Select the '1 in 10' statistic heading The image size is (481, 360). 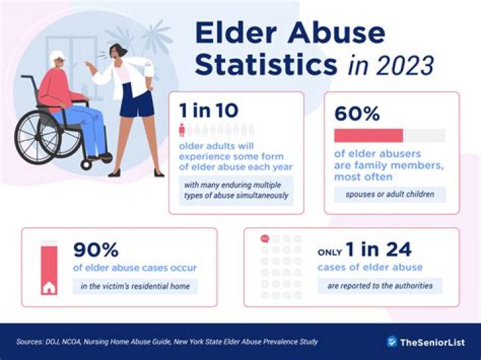[x=209, y=112]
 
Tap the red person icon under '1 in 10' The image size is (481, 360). [x=181, y=130]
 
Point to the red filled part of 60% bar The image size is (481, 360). [x=368, y=136]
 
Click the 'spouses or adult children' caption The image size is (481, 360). [x=389, y=194]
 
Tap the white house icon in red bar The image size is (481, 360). [x=49, y=289]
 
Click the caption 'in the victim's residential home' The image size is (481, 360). [x=136, y=287]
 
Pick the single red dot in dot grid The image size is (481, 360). [x=264, y=238]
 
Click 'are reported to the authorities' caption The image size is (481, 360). [x=379, y=286]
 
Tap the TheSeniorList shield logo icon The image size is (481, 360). [x=392, y=341]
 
